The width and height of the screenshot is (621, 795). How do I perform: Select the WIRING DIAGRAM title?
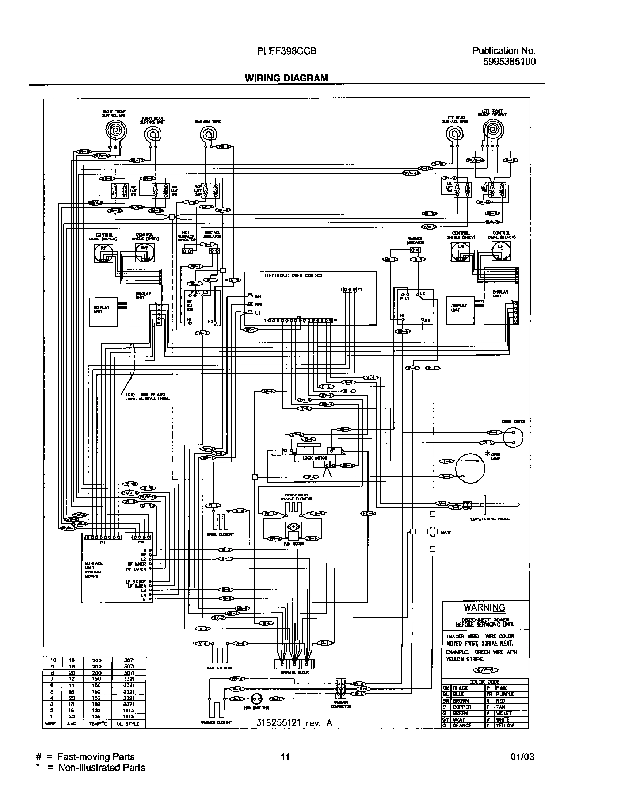(x=286, y=78)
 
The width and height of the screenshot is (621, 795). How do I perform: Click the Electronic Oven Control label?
(x=294, y=276)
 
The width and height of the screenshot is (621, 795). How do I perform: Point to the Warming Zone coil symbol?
(x=208, y=135)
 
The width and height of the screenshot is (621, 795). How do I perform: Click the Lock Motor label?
(x=315, y=458)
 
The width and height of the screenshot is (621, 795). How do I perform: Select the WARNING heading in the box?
(x=484, y=607)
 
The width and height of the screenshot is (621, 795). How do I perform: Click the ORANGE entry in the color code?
(x=462, y=725)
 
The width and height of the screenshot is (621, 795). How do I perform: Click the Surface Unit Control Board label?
(x=94, y=569)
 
